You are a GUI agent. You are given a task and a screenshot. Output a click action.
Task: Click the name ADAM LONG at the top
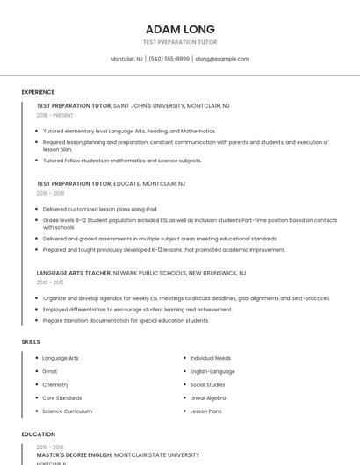click(180, 29)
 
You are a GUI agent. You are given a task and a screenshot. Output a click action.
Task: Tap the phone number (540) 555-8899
click(169, 59)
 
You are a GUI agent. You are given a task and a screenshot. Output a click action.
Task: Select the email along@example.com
click(222, 59)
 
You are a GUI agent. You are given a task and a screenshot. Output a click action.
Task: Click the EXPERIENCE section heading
click(38, 92)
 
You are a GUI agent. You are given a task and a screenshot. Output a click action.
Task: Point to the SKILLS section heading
click(31, 341)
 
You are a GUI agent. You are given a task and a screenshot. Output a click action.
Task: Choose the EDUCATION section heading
click(38, 434)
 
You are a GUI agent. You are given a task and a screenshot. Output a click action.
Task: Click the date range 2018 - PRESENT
click(55, 115)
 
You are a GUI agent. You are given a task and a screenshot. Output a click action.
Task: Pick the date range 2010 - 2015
click(49, 283)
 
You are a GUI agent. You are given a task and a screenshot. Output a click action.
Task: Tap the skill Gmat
click(50, 371)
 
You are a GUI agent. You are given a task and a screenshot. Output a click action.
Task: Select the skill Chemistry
click(55, 384)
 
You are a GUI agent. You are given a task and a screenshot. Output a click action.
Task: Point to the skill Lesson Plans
click(205, 411)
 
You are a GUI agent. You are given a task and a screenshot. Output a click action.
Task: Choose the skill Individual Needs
click(211, 358)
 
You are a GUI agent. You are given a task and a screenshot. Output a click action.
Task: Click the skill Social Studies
click(207, 384)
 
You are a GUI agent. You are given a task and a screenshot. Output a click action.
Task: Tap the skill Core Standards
click(61, 397)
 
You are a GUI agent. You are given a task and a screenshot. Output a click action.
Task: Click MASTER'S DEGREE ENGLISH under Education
click(74, 454)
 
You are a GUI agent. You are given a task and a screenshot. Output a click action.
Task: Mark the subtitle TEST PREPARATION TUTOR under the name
click(180, 42)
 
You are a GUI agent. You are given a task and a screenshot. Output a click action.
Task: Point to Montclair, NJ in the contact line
click(126, 59)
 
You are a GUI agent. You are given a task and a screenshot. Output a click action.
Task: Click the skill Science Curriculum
click(67, 411)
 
